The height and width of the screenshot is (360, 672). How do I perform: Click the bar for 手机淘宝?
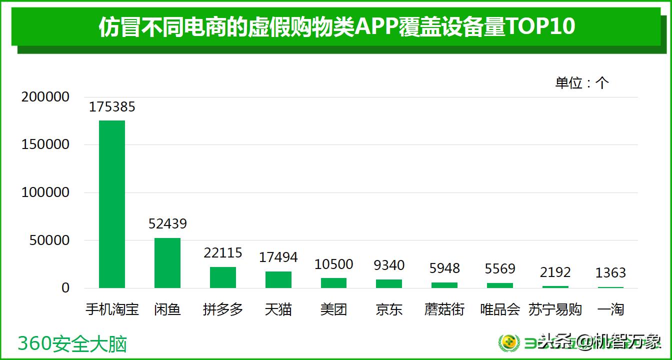[112, 204]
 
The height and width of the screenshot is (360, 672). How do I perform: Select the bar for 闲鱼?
[167, 263]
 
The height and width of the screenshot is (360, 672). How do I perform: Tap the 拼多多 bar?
[223, 277]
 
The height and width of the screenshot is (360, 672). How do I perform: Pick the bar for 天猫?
[278, 280]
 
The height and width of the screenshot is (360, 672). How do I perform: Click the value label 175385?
[112, 107]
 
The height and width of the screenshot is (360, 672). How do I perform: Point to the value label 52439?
[167, 224]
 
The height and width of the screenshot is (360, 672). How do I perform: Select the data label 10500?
[333, 264]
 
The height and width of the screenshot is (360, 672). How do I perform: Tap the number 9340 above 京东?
[389, 265]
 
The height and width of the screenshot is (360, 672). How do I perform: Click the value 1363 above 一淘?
[610, 273]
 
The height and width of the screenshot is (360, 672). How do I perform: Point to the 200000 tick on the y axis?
[45, 97]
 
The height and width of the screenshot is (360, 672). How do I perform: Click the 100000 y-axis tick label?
[45, 192]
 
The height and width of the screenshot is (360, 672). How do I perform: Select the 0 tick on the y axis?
[65, 288]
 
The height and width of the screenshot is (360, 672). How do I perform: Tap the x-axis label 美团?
[333, 309]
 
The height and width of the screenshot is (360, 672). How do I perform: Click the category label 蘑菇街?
[444, 309]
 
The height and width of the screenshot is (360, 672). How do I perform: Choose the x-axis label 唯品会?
[500, 309]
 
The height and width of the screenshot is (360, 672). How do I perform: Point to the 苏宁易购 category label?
[555, 309]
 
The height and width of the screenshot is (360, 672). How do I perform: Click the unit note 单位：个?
[582, 83]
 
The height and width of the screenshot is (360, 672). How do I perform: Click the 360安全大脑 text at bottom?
[72, 344]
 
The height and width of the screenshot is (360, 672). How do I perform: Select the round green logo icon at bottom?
[509, 343]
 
